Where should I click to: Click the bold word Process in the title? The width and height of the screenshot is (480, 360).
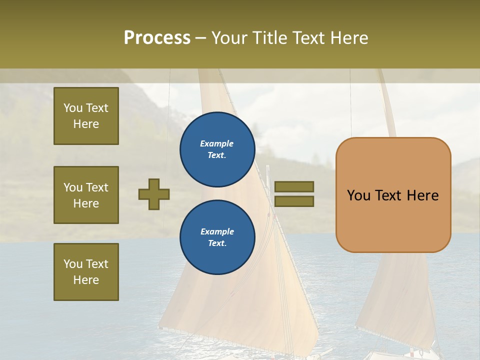[157, 38]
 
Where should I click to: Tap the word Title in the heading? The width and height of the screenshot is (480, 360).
[270, 38]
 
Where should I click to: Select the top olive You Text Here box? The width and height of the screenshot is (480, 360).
[86, 116]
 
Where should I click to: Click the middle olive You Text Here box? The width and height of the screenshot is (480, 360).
[86, 195]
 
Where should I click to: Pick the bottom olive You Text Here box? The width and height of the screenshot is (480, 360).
[86, 271]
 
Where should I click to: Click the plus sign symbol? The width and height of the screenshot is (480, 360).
[154, 194]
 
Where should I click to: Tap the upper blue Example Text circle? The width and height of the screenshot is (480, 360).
[217, 149]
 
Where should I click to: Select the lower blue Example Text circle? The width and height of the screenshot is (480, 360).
[217, 237]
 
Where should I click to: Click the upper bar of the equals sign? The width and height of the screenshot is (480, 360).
[294, 186]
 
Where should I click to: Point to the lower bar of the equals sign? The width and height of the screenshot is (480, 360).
[294, 201]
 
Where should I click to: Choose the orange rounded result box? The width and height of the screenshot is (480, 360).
[393, 194]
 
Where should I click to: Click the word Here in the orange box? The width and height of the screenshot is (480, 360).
[422, 195]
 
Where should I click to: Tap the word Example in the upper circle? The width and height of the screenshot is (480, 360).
[216, 143]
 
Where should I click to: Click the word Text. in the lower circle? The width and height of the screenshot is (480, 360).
[217, 243]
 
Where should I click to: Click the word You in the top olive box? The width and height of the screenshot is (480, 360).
[73, 108]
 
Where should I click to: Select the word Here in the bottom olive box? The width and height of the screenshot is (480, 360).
[86, 280]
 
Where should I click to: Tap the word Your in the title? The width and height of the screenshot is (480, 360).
[229, 38]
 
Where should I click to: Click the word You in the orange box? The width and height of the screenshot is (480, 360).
[358, 195]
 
